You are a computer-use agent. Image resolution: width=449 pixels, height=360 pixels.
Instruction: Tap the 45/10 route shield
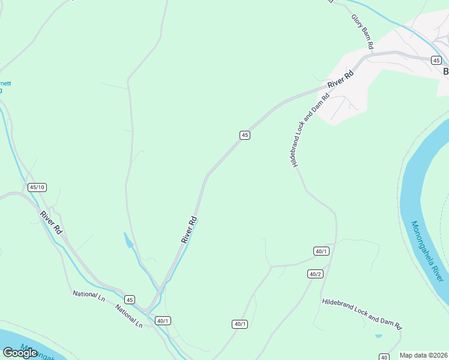(x=37, y=187)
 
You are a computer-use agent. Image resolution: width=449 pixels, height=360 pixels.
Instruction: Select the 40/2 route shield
(x=316, y=274)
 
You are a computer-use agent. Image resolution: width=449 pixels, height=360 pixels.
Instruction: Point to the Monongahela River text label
(x=427, y=251)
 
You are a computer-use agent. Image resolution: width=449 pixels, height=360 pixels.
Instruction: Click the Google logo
(x=20, y=352)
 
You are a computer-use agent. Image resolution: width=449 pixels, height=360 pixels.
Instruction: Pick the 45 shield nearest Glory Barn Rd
(x=436, y=61)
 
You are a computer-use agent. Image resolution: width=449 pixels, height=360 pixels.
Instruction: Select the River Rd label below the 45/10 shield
(x=52, y=223)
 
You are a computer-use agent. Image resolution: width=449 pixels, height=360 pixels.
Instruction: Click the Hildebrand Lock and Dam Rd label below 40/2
(x=361, y=314)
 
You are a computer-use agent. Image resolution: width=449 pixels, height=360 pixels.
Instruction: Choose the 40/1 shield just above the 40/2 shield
(x=322, y=251)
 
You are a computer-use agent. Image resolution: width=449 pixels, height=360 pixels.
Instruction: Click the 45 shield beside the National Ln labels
(x=130, y=299)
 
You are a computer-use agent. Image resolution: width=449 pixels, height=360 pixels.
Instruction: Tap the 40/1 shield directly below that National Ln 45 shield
(x=163, y=320)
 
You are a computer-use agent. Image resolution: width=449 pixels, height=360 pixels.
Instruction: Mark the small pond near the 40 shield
(x=378, y=336)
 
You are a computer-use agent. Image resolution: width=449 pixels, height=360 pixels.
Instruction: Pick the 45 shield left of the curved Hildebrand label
(x=244, y=135)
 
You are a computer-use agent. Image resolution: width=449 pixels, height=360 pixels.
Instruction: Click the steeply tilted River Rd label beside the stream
(x=190, y=229)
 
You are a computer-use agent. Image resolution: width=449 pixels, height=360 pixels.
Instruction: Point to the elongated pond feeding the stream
(x=128, y=241)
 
